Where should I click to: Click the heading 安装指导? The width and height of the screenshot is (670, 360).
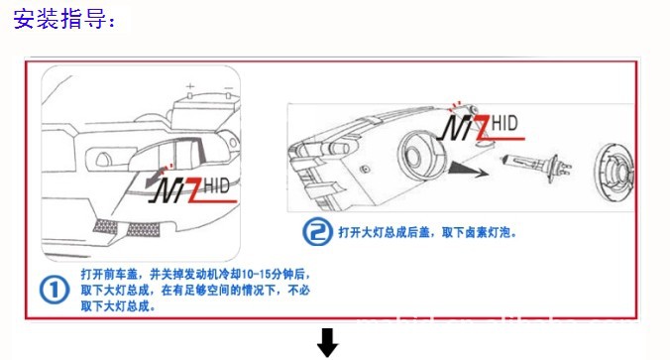click(x=63, y=19)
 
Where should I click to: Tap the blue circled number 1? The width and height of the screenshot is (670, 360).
click(x=55, y=290)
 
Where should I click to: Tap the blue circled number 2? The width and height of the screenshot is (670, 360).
click(x=317, y=232)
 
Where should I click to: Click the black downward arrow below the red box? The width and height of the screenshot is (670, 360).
click(x=328, y=342)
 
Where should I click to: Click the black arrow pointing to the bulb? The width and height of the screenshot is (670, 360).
click(x=468, y=171)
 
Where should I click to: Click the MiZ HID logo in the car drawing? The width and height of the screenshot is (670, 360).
click(x=193, y=189)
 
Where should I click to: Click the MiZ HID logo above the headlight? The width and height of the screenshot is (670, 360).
click(x=482, y=127)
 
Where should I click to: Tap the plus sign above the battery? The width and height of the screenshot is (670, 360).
click(x=190, y=87)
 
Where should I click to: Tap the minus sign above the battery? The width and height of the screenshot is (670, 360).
click(x=229, y=88)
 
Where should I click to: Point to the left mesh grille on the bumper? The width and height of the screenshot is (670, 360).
click(x=105, y=226)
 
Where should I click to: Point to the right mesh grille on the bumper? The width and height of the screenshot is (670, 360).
click(x=143, y=230)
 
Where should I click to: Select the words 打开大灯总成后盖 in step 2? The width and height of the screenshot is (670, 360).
click(x=384, y=233)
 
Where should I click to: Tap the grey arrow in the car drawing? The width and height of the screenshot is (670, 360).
click(x=157, y=177)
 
